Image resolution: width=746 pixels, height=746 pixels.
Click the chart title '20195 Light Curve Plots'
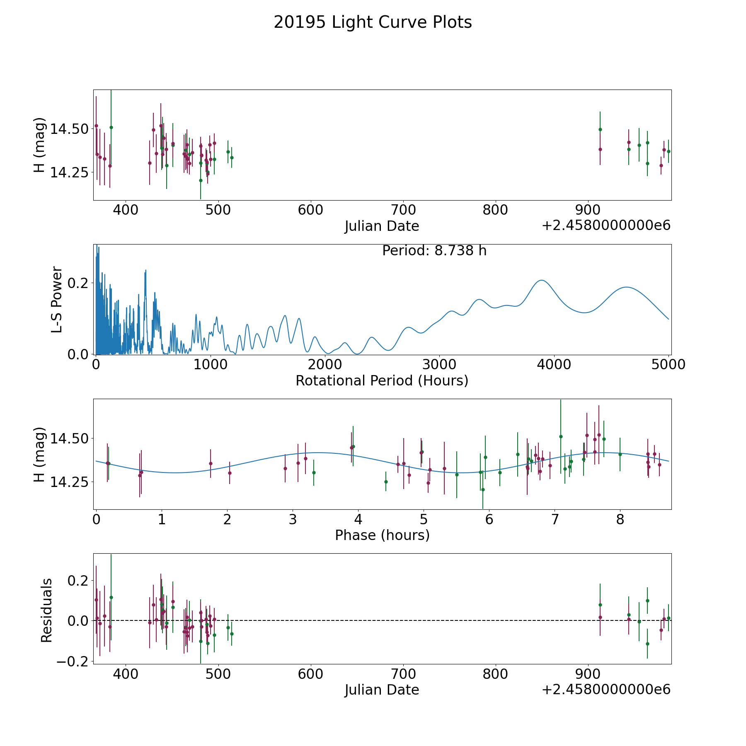373,22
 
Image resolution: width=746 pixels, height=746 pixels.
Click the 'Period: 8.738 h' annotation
434,251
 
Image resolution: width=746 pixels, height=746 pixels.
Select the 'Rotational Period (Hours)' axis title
382,380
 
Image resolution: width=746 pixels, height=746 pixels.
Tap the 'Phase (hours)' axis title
382,535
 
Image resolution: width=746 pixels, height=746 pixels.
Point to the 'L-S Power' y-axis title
57,300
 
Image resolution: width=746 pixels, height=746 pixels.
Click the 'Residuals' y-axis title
47,610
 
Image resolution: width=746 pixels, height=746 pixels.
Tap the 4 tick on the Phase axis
358,519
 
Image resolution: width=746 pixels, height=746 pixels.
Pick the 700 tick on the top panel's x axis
403,210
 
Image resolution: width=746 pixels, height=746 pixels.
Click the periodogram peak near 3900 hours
541,281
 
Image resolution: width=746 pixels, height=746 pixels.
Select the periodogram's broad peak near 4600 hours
626,287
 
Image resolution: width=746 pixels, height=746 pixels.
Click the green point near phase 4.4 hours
386,482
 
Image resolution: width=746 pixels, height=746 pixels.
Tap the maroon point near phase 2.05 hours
230,473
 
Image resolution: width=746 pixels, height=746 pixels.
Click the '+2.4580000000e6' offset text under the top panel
606,225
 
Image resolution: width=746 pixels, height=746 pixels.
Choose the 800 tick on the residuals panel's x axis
496,674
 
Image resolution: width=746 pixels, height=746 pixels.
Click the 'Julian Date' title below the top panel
382,226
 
